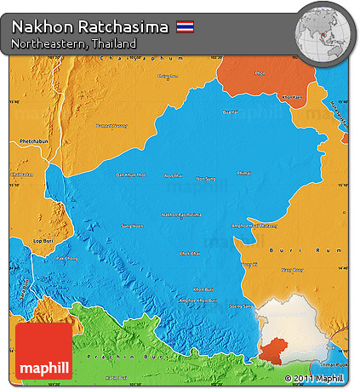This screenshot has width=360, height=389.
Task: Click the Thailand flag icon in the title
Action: pos(185,27)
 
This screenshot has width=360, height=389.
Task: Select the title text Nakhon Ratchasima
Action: pos(89,27)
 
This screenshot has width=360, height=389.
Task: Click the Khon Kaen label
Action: pos(292,96)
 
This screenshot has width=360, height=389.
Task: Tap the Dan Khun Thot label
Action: pos(131,174)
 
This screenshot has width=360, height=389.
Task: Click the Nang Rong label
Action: pos(292,270)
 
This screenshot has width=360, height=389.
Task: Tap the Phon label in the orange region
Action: pos(259,73)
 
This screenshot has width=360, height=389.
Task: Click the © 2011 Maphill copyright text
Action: pos(314,378)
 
